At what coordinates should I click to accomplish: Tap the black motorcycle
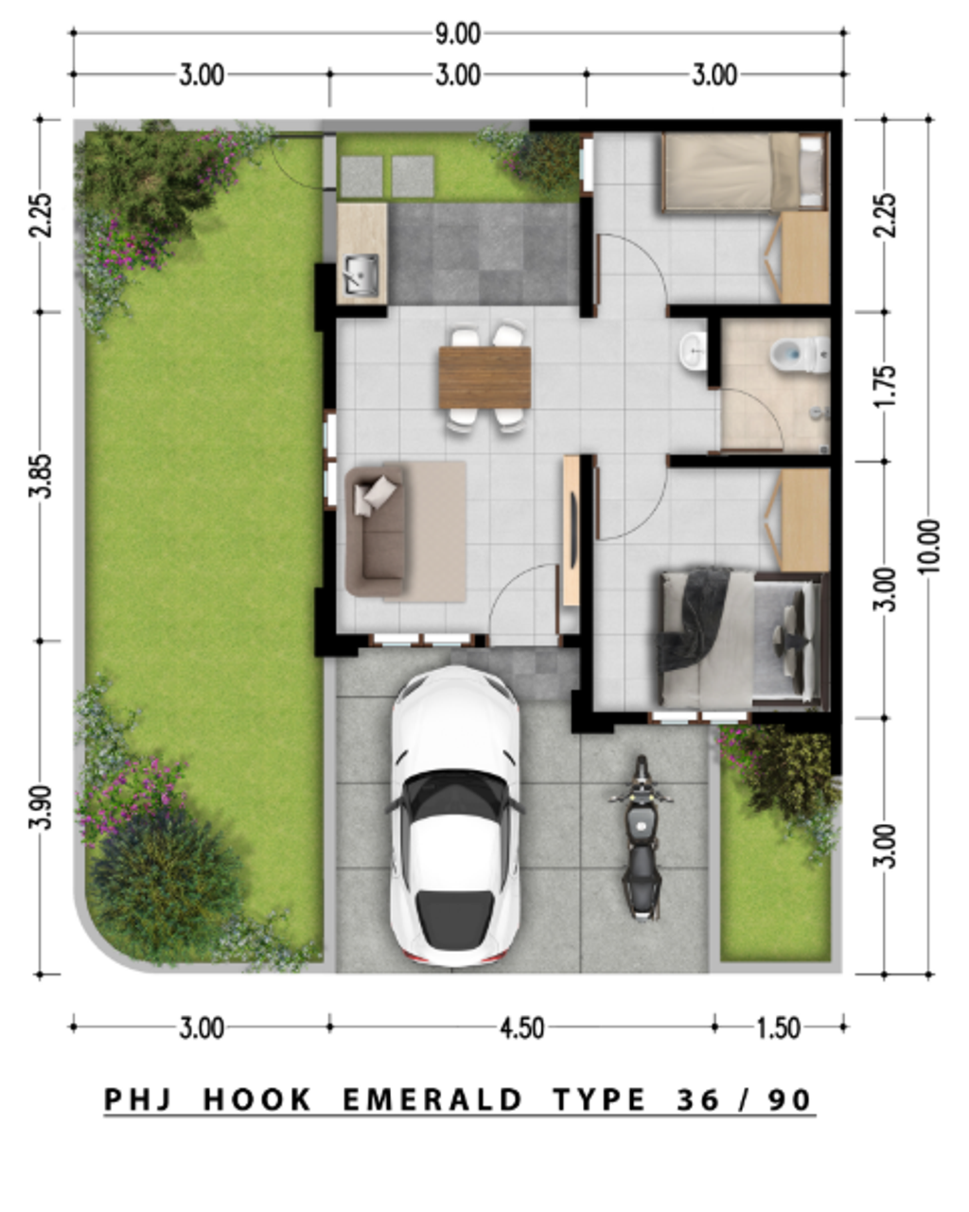coord(641,838)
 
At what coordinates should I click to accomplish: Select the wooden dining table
coord(484,377)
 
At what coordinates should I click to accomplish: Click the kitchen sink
coord(361,274)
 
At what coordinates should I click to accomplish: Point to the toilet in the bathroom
coord(791,355)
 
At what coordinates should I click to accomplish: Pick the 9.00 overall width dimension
coord(458,34)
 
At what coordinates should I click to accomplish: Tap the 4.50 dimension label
coord(520,1028)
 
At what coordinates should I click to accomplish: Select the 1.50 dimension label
coord(779,1028)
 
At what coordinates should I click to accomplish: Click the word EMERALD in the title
coord(432,1099)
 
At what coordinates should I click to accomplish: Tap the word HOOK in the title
coord(257,1099)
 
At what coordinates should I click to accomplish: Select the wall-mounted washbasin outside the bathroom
coord(694,350)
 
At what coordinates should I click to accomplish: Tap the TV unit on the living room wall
coord(572,530)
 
